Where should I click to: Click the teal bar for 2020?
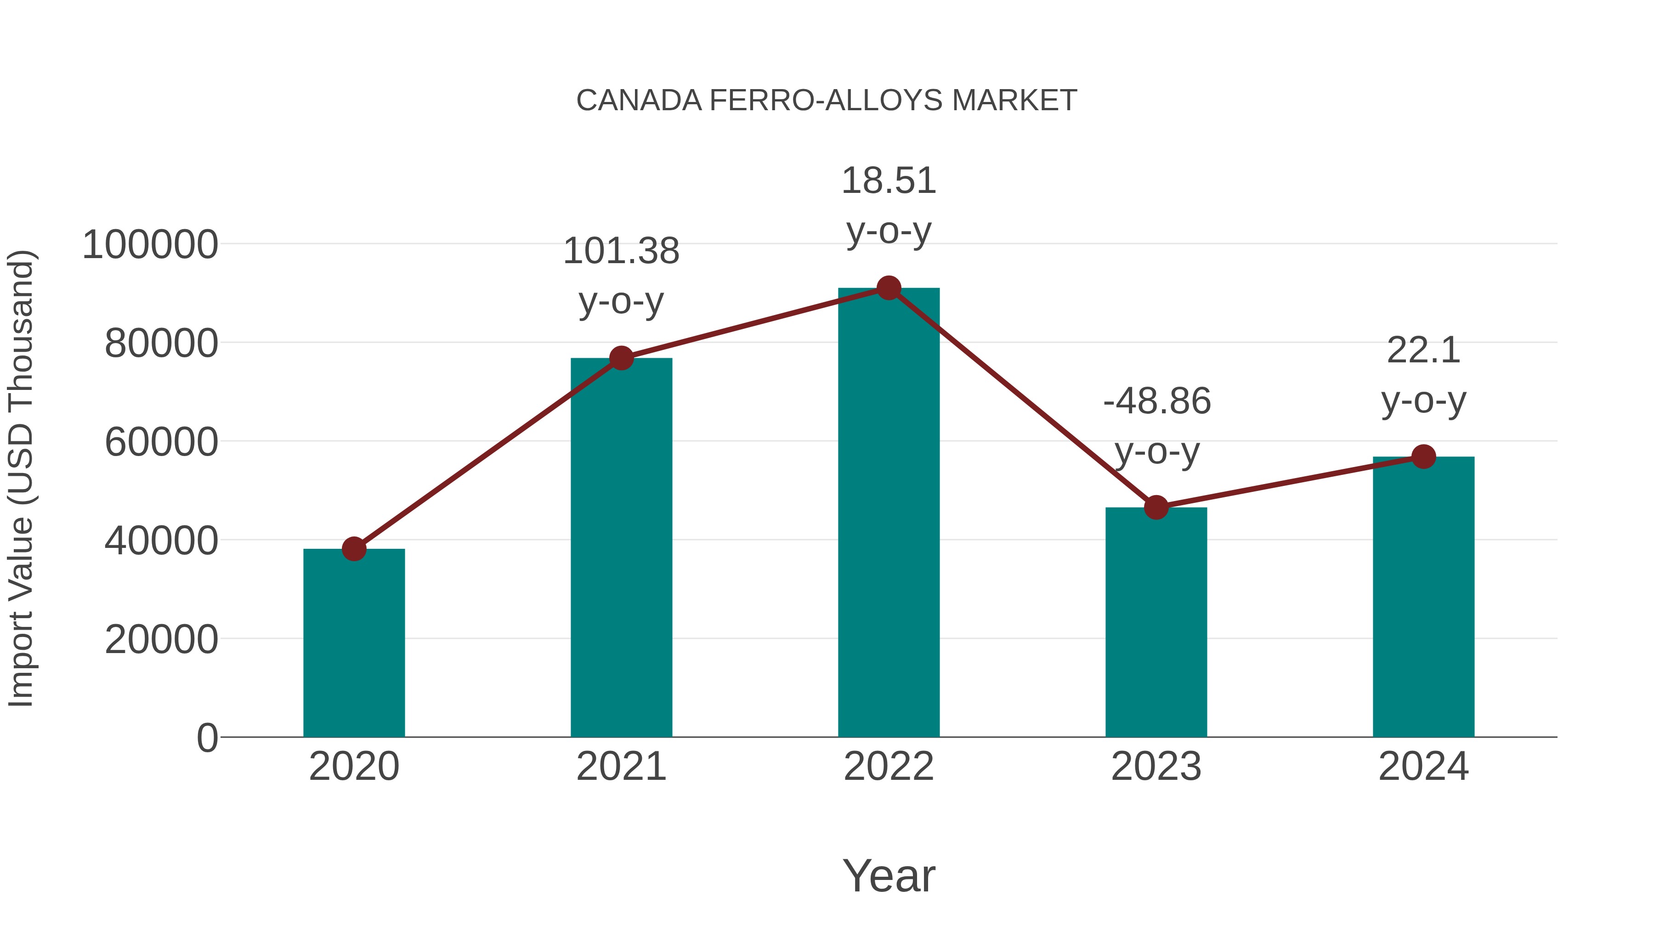point(354,643)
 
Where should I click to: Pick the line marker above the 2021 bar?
point(621,358)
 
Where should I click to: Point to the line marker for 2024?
point(1423,457)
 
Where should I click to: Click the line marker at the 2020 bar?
point(354,549)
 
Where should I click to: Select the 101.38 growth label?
point(621,251)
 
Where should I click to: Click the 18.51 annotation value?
point(889,180)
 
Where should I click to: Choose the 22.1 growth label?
point(1423,350)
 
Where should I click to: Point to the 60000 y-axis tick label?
point(161,442)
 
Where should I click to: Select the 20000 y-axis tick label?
point(161,639)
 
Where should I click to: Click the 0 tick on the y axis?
point(207,738)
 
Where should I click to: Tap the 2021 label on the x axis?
point(621,767)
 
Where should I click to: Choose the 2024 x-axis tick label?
point(1423,767)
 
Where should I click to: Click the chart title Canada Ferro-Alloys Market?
point(827,101)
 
